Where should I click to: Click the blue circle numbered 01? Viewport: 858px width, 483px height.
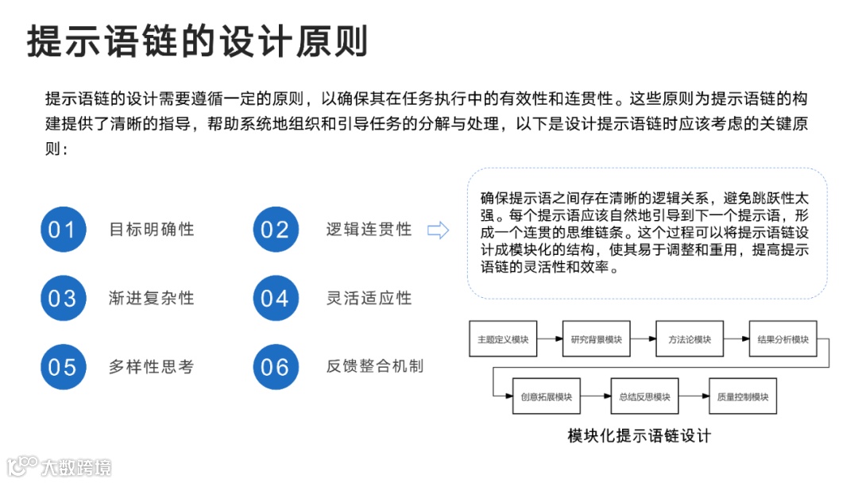tap(63, 230)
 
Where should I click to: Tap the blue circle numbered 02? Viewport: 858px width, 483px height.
tap(275, 230)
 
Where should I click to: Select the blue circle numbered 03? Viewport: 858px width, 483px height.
tap(63, 298)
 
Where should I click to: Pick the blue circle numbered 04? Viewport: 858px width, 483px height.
tap(275, 298)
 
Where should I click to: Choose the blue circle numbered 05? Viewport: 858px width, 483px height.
tap(63, 367)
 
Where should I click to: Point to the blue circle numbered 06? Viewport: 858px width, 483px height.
tap(275, 367)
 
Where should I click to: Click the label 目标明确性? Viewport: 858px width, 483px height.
tap(152, 230)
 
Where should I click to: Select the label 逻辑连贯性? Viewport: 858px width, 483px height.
tap(369, 230)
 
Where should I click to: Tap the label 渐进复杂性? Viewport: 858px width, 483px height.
tap(152, 298)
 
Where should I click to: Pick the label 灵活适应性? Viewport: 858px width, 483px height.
tap(369, 298)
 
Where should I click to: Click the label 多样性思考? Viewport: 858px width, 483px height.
tap(152, 367)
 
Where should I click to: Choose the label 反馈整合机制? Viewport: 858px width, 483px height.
tap(375, 366)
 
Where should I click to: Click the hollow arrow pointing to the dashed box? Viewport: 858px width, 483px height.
tap(439, 230)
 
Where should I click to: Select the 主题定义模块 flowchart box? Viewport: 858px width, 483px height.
tap(503, 339)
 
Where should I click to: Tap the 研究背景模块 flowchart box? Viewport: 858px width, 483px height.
tap(596, 339)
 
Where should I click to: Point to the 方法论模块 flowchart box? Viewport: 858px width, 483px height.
tap(690, 339)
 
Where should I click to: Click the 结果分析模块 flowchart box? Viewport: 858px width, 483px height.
tap(783, 339)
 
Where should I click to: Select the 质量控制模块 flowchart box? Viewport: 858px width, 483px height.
tap(742, 396)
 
